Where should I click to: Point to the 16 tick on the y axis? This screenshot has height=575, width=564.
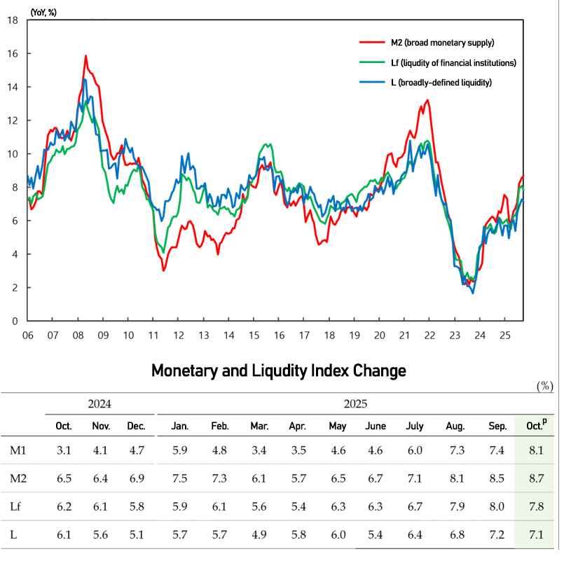click(13, 53)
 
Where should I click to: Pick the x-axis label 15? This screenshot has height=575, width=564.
click(254, 335)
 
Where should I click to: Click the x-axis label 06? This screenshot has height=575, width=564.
click(27, 335)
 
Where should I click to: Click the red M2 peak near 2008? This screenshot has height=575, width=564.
click(85, 55)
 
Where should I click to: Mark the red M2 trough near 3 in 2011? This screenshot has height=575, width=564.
click(163, 270)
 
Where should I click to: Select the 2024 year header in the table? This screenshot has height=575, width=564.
click(99, 404)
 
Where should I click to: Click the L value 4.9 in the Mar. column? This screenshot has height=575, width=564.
click(259, 535)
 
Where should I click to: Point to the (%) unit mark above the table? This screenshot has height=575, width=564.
click(544, 386)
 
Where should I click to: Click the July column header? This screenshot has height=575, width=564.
click(414, 426)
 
